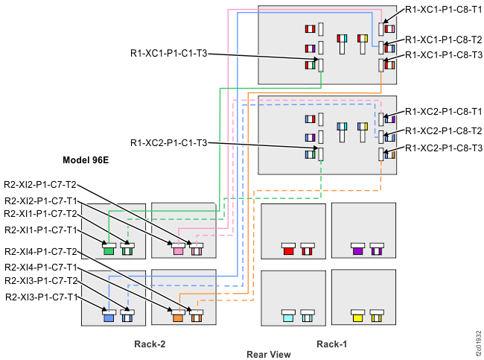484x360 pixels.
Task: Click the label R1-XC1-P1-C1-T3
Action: (168, 54)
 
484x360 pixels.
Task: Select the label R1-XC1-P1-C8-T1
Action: (443, 10)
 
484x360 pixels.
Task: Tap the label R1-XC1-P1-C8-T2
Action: (443, 40)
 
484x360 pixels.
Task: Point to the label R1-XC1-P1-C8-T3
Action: (443, 55)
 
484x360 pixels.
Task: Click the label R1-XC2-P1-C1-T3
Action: (168, 142)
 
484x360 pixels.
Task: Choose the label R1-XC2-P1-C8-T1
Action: (443, 111)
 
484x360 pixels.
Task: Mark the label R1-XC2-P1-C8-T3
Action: (443, 148)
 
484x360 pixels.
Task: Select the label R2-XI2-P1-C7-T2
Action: (40, 184)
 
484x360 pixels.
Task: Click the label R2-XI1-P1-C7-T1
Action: (40, 230)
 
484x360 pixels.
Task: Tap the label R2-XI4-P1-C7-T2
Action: (40, 251)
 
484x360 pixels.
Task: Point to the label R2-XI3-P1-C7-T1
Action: (40, 297)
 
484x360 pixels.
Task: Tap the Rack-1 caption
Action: (331, 344)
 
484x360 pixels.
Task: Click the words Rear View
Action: (269, 355)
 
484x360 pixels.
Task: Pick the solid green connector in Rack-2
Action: (109, 251)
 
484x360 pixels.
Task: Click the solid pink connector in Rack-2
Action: (179, 251)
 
